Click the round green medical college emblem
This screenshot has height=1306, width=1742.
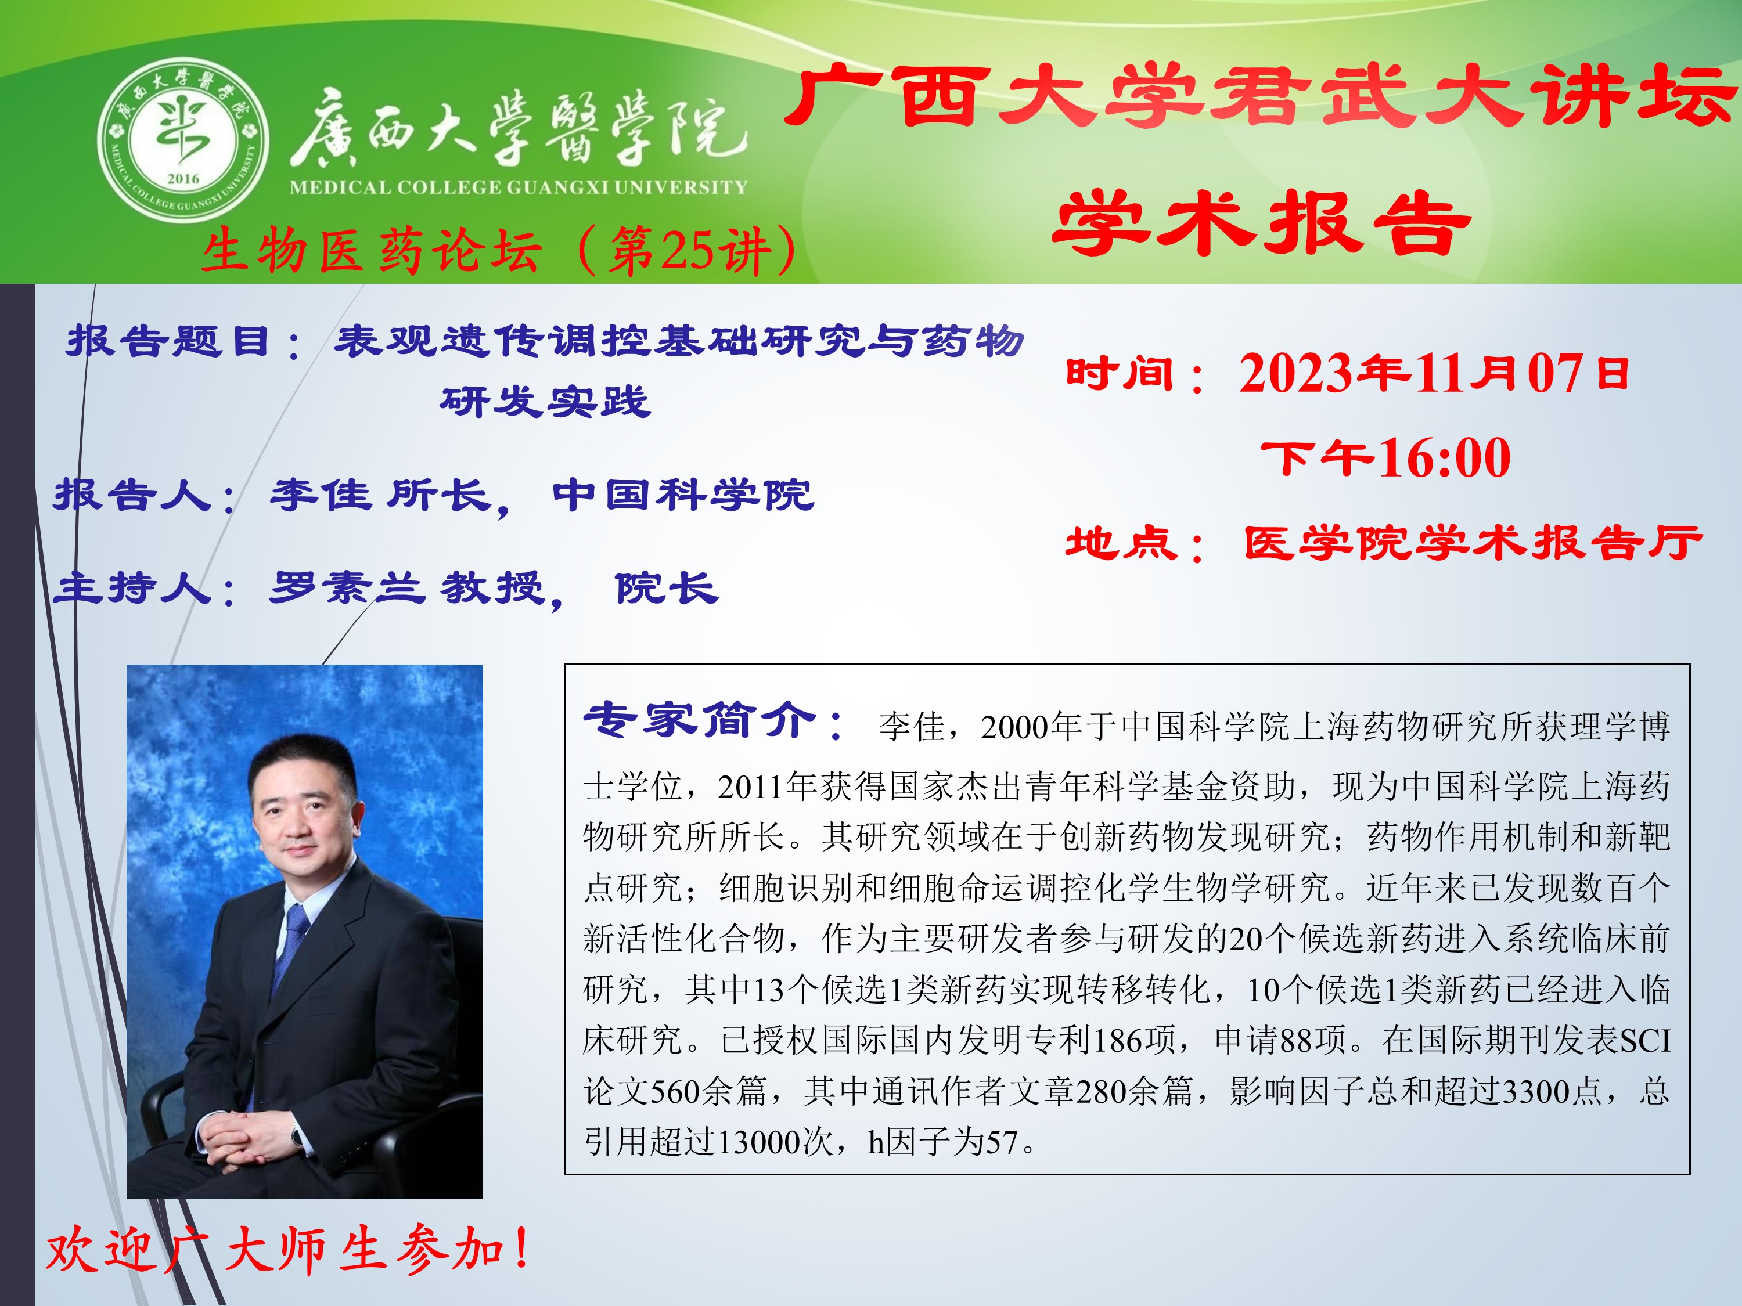point(183,140)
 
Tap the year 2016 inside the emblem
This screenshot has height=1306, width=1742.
point(183,179)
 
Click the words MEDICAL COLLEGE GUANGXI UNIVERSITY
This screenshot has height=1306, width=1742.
point(518,187)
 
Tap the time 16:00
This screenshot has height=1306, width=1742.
point(1445,457)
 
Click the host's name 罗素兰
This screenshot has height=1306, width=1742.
point(347,588)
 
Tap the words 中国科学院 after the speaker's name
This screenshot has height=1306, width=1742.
point(683,495)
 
